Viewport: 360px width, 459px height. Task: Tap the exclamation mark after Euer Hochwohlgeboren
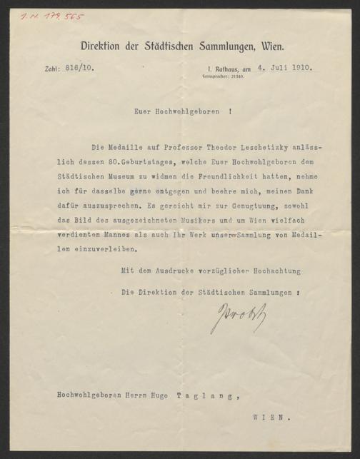[230, 111]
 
